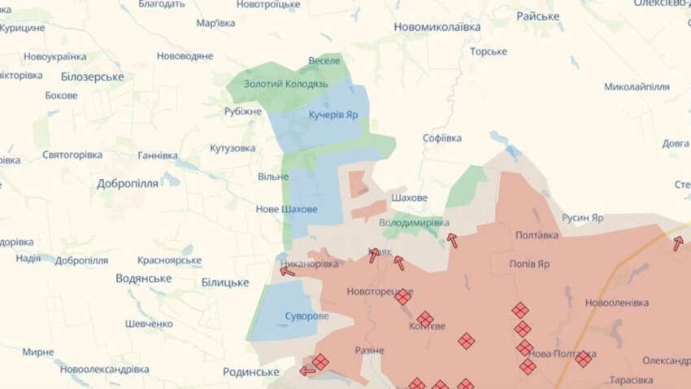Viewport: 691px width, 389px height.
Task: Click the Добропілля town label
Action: [128, 183]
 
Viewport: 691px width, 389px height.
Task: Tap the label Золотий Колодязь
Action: [276, 84]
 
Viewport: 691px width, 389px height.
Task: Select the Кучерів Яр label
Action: [333, 115]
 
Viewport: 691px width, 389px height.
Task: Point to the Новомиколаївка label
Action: [437, 27]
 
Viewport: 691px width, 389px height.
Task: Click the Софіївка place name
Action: [442, 138]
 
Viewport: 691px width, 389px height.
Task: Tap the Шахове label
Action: [409, 198]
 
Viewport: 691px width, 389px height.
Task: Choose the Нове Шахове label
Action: [287, 209]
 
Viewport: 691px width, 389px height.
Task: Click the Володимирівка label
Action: [414, 221]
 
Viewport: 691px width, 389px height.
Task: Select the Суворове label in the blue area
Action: [302, 316]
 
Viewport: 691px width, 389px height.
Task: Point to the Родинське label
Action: [251, 372]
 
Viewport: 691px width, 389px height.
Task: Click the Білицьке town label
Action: [224, 282]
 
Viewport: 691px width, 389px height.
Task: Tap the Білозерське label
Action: [92, 76]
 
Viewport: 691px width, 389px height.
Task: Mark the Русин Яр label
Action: [582, 218]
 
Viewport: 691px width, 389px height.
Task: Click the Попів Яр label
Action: [529, 264]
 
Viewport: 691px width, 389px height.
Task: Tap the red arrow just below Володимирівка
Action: [451, 240]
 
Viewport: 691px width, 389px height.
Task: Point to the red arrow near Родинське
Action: [307, 371]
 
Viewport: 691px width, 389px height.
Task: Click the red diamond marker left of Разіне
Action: [320, 361]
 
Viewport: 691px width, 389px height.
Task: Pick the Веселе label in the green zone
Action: [324, 61]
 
